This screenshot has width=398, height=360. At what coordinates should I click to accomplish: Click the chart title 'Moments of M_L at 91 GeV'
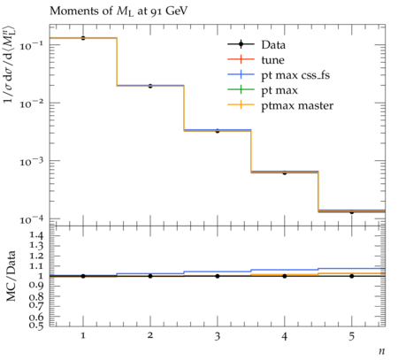(119, 11)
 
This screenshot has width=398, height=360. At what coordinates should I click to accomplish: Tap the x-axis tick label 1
(83, 336)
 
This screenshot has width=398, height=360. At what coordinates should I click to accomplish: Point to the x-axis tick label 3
(218, 336)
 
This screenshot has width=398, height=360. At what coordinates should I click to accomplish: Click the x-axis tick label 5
(352, 336)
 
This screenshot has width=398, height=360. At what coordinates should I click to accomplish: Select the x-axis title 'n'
(382, 351)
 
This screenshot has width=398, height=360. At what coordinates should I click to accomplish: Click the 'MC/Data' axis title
(11, 276)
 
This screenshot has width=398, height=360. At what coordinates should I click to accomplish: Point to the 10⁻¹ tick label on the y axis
(31, 45)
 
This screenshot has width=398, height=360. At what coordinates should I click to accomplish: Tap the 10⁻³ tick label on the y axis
(31, 161)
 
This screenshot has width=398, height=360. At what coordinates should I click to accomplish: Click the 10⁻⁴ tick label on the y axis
(31, 219)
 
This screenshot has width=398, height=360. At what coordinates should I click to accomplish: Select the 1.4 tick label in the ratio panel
(36, 235)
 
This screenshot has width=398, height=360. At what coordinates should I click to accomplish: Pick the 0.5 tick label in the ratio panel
(36, 325)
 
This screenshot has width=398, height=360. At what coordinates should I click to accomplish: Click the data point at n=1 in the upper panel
(83, 38)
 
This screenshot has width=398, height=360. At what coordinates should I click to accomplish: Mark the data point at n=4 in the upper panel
(285, 172)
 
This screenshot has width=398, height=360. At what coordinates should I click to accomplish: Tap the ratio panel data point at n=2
(150, 276)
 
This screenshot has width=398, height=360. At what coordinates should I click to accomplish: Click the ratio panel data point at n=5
(352, 276)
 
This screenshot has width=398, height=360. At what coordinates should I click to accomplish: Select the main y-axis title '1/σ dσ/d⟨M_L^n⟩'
(10, 65)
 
